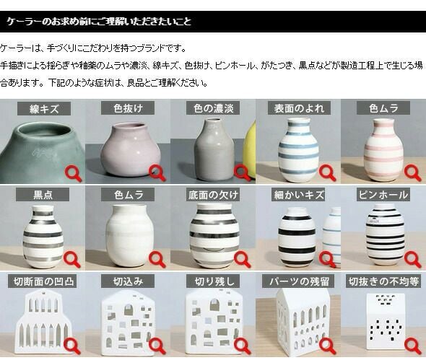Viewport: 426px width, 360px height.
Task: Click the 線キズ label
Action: pyautogui.click(x=44, y=109)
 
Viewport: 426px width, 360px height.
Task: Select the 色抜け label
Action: pyautogui.click(x=128, y=108)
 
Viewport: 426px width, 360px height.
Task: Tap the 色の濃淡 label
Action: pyautogui.click(x=213, y=108)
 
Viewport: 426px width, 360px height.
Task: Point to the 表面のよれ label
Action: pyautogui.click(x=299, y=108)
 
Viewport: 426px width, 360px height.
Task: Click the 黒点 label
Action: pyautogui.click(x=43, y=195)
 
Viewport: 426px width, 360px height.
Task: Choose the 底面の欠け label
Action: pyautogui.click(x=213, y=195)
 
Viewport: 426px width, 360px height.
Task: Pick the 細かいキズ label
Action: pyautogui.click(x=299, y=195)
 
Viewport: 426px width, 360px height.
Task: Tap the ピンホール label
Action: pyautogui.click(x=383, y=195)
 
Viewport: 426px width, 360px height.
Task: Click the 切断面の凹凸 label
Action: pyautogui.click(x=44, y=281)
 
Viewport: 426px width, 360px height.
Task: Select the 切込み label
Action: pyautogui.click(x=128, y=281)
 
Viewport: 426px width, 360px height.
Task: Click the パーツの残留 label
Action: pyautogui.click(x=299, y=281)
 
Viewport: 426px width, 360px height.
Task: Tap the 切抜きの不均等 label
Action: pyautogui.click(x=383, y=281)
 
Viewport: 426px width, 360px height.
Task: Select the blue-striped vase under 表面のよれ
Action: pyautogui.click(x=298, y=149)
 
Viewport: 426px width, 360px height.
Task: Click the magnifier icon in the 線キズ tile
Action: pyautogui.click(x=73, y=174)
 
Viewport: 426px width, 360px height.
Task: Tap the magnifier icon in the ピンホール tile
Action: pyautogui.click(x=412, y=259)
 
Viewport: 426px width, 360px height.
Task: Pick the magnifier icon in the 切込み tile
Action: pyautogui.click(x=157, y=346)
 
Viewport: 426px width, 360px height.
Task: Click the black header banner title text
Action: pyautogui.click(x=99, y=22)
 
